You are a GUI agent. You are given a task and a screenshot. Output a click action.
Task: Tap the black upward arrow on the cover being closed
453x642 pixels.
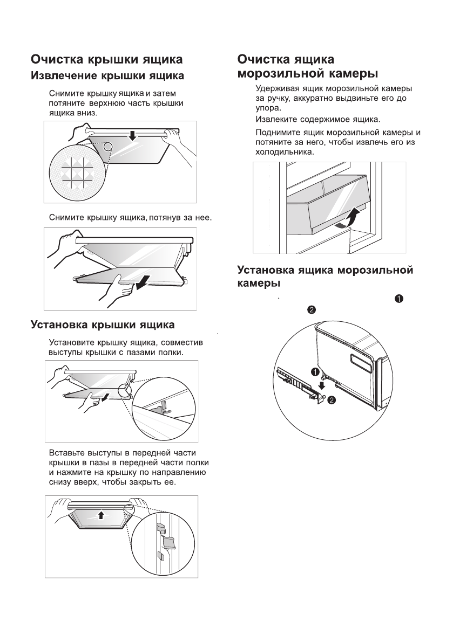coord(100,515)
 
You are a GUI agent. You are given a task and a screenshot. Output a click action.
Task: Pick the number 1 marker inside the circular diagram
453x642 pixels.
coord(314,371)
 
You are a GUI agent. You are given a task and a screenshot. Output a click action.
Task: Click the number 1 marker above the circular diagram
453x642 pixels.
coord(399,299)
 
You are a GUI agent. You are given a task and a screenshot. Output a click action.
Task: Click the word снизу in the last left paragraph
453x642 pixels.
coord(60,481)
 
